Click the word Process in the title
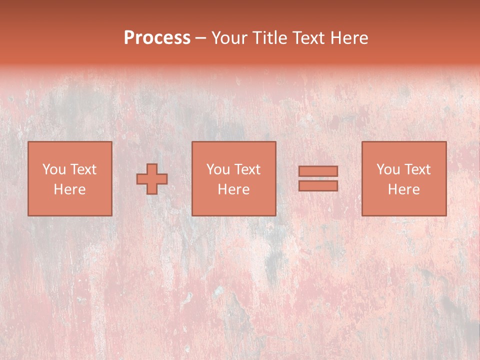(157, 38)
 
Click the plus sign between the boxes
(152, 179)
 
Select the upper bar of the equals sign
(318, 171)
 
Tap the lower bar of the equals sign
(318, 186)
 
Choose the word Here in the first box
(69, 189)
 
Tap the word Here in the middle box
(233, 189)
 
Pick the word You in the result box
(388, 169)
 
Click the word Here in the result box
(403, 189)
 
